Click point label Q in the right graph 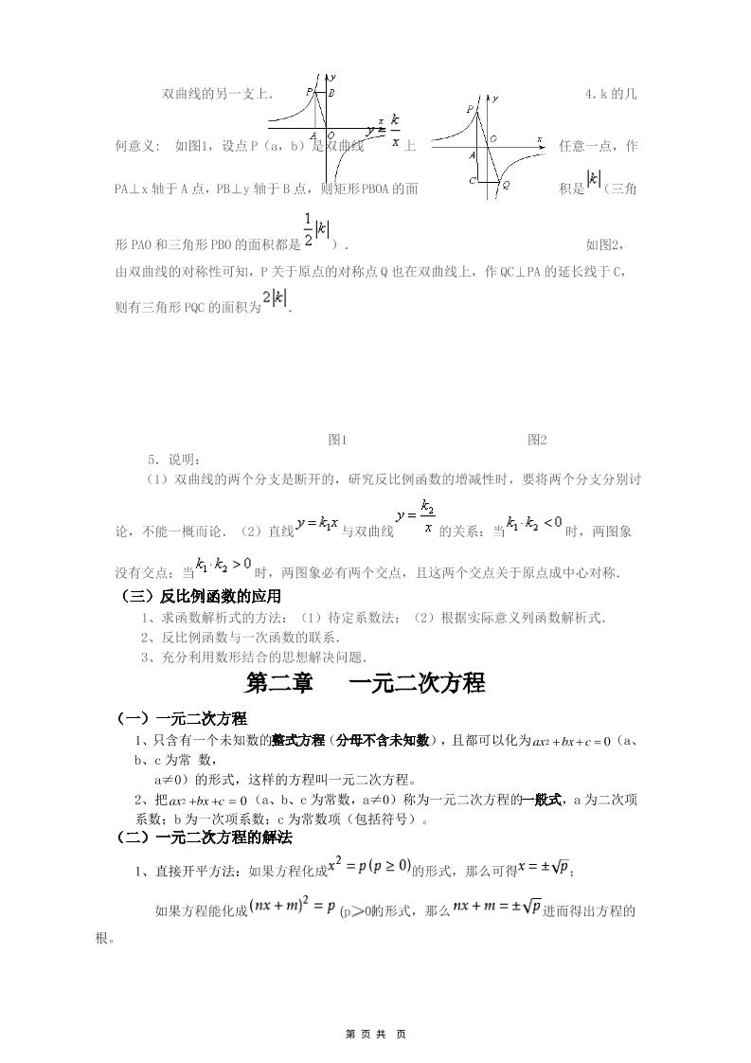click(506, 185)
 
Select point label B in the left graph click(331, 93)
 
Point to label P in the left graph click(310, 91)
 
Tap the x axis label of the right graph click(539, 139)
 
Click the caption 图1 click(338, 440)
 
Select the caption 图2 click(537, 440)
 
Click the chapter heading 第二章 click(279, 683)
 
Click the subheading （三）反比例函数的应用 click(198, 596)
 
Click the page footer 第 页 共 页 click(376, 1034)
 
